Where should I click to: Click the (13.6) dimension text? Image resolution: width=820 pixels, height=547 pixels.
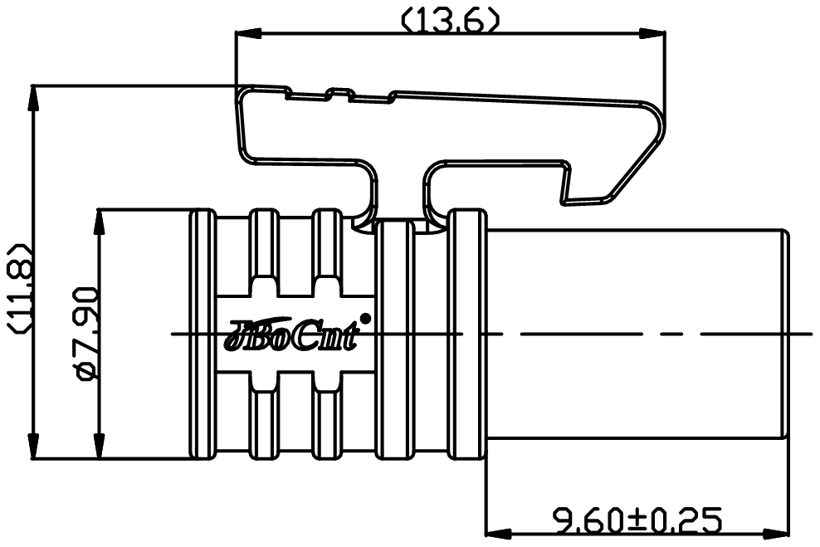[x=451, y=21]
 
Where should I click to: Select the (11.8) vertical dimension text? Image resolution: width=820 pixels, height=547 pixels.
[x=21, y=288]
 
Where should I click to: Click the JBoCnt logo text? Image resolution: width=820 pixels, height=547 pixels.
[x=292, y=335]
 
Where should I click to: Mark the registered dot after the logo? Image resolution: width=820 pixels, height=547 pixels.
[x=366, y=317]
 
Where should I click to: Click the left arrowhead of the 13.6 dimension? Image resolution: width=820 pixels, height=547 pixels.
[x=249, y=34]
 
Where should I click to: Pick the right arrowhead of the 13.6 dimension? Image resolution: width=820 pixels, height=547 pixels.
[x=652, y=34]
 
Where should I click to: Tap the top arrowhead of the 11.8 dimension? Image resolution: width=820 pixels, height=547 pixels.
[x=34, y=98]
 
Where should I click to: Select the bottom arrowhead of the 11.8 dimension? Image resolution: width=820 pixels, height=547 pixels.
[x=34, y=446]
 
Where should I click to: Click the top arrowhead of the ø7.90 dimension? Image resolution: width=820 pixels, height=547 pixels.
[x=98, y=222]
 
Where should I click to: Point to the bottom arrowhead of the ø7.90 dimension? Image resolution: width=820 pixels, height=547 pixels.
[x=98, y=446]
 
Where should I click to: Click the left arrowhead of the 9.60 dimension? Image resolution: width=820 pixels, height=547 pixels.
[x=499, y=534]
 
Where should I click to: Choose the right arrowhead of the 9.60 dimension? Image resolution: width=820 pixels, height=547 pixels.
[x=776, y=534]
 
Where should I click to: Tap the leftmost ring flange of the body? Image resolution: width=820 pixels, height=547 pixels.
[x=203, y=335]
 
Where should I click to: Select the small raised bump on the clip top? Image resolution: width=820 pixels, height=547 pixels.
[x=340, y=93]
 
